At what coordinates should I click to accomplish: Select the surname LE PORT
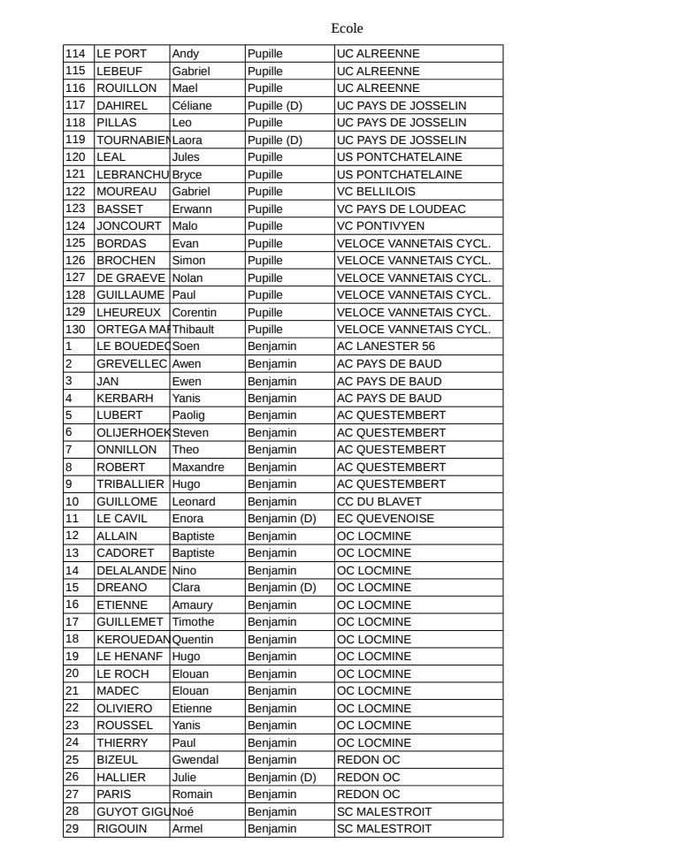[121, 53]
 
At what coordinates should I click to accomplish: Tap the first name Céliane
[193, 105]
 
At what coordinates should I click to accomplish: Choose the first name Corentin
[194, 312]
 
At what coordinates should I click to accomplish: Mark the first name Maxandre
[197, 467]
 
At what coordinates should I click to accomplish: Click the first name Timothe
[194, 621]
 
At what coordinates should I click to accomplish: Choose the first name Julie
[185, 777]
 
